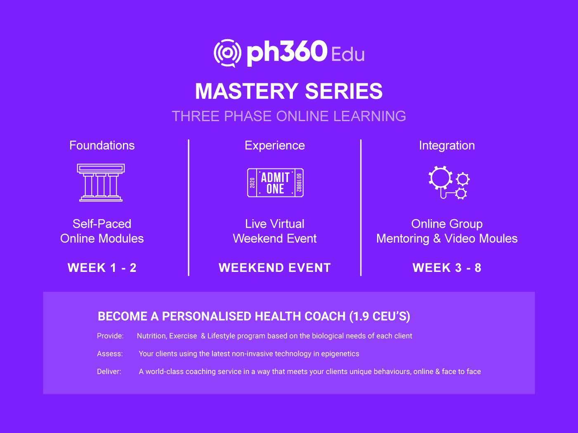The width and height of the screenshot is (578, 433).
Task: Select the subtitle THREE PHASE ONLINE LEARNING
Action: coord(289,116)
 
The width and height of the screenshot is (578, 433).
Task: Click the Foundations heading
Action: coord(102,145)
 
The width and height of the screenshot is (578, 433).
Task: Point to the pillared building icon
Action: coord(101,183)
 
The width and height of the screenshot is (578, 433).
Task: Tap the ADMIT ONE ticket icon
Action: coord(275,183)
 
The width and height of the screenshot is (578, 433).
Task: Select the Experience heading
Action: coord(275,145)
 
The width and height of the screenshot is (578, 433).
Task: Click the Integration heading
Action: coord(447,145)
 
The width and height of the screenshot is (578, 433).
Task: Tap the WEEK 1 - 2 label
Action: coord(102,268)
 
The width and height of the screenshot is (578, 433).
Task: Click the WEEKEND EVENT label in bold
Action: coord(275,268)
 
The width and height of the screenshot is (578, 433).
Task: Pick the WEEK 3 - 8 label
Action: coord(447,268)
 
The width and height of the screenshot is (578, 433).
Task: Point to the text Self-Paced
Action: coord(102,224)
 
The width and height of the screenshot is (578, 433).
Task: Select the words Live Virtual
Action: coord(275,224)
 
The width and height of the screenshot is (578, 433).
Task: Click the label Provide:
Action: coord(110,336)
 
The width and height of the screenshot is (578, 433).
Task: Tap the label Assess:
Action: coord(110,353)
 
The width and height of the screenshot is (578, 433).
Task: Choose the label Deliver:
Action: coord(109,371)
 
